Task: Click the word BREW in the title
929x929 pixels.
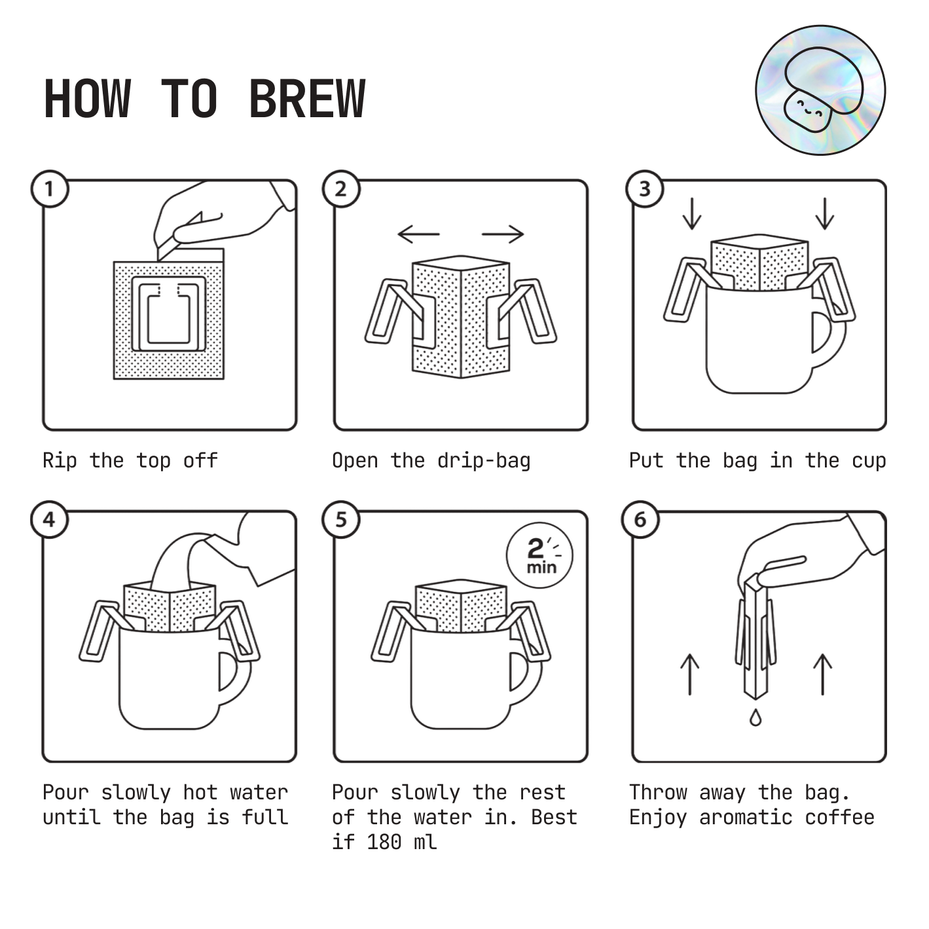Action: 307,98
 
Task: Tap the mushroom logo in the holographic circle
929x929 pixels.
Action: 820,90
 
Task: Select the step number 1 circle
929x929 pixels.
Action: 50,189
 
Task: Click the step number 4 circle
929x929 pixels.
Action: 50,520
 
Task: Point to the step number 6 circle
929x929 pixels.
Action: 640,520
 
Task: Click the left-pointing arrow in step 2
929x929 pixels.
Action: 418,234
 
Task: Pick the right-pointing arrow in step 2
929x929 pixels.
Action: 503,234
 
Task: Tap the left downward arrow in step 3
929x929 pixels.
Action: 692,213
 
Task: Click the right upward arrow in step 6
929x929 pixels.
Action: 822,674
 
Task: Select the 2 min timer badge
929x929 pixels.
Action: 539,555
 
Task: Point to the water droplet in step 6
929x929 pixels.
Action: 756,718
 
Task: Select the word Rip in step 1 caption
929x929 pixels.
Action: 60,460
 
